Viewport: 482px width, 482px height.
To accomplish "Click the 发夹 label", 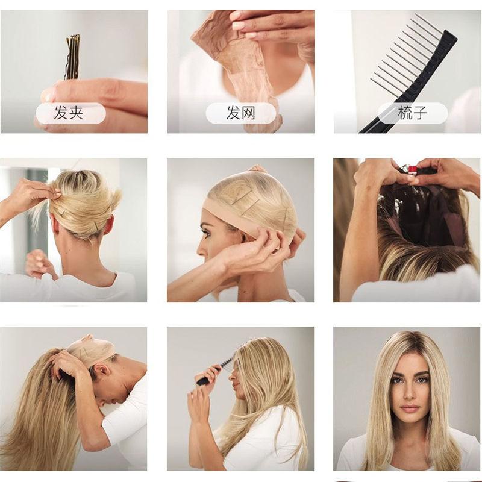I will [x=69, y=113].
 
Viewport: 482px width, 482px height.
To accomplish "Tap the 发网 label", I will [x=240, y=113].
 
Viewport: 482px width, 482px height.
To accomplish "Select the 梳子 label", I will [x=413, y=113].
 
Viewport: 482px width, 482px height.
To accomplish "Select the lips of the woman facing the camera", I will [x=410, y=408].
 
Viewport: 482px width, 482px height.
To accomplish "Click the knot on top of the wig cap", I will [x=257, y=169].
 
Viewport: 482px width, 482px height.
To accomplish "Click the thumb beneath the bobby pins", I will [x=57, y=93].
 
